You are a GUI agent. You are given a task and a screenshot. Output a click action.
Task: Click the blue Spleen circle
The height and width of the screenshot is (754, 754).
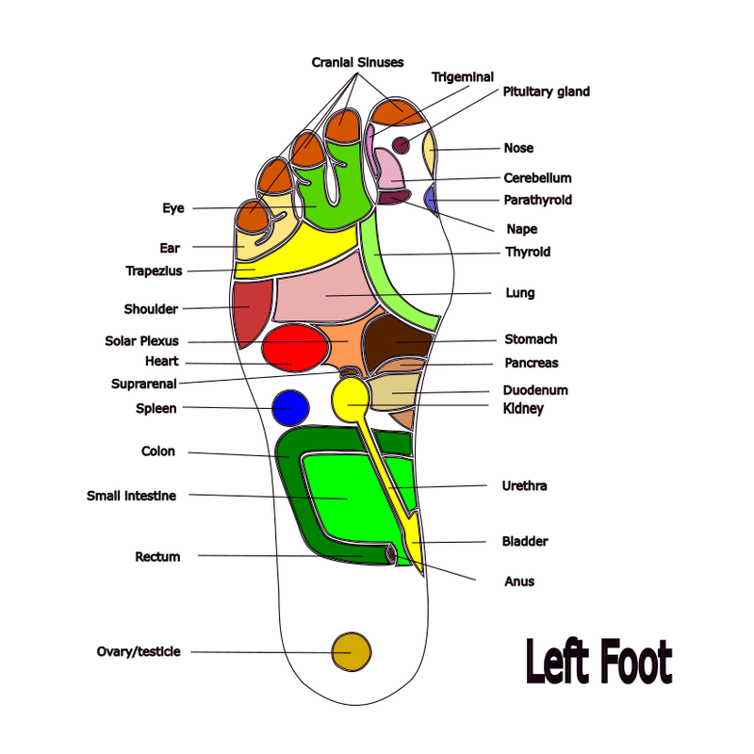(290, 407)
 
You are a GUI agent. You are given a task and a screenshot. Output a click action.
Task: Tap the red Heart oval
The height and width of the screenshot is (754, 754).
(295, 346)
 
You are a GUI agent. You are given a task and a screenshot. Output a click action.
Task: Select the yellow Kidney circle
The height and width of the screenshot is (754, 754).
(351, 398)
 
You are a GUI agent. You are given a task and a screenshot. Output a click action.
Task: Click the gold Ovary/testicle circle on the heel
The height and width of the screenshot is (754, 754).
(351, 650)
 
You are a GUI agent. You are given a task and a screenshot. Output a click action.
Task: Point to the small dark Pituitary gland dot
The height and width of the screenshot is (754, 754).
(401, 145)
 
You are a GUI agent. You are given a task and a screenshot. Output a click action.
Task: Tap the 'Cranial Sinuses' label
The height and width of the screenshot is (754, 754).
(357, 62)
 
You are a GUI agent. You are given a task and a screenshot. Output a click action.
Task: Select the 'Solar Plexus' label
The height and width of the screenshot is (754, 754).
(141, 341)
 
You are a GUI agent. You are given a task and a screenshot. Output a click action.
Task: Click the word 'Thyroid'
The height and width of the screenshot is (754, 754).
(528, 252)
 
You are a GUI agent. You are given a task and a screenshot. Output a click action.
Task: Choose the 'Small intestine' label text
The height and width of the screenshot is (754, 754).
(131, 496)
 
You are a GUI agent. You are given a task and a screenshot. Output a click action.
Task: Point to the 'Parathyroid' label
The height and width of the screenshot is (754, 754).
(537, 200)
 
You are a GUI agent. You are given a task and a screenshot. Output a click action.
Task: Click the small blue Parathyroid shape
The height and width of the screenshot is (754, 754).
(431, 199)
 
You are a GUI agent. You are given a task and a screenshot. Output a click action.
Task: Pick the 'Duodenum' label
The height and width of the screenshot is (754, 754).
(535, 389)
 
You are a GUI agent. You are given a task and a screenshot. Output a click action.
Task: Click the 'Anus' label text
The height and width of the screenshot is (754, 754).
(519, 582)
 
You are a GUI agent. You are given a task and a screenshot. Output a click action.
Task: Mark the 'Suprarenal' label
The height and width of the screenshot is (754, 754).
(143, 384)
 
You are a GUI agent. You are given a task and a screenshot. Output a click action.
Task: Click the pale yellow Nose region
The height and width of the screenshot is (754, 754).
(429, 152)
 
